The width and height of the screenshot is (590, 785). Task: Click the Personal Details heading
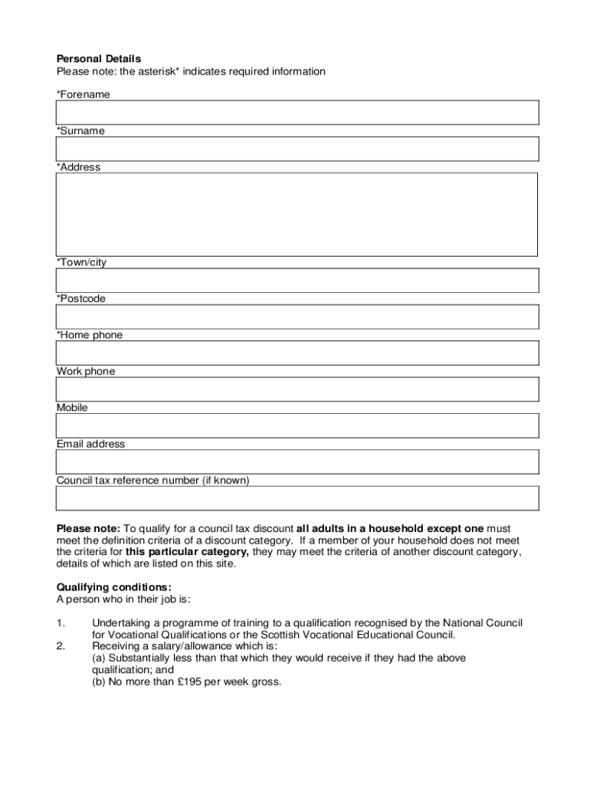tap(99, 59)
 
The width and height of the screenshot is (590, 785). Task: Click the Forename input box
tap(297, 113)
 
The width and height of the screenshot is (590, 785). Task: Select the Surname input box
tap(297, 149)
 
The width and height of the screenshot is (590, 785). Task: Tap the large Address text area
tap(297, 215)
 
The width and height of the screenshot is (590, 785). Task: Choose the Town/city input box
tap(297, 281)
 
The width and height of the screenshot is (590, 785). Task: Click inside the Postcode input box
tap(297, 317)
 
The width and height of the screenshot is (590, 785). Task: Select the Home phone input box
tap(297, 353)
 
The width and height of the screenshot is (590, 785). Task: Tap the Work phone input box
tap(297, 389)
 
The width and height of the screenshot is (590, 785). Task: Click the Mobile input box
tap(297, 425)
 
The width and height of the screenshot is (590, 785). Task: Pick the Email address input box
tap(297, 461)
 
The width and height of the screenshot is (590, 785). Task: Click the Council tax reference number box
tap(297, 498)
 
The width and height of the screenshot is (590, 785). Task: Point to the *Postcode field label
tap(81, 299)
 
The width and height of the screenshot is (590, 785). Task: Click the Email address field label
tap(90, 444)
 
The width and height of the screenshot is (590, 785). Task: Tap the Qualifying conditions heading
tap(108, 588)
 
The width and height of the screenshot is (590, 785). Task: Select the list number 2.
tap(61, 646)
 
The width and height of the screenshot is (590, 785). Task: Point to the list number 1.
tap(61, 623)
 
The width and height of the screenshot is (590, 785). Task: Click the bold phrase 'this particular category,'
tap(187, 552)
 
